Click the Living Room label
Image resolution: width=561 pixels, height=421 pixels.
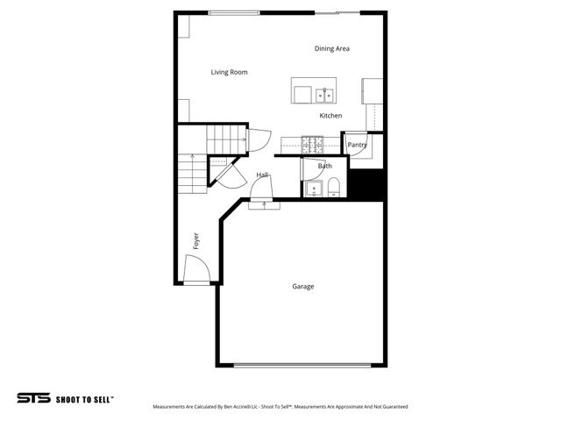pyautogui.click(x=229, y=72)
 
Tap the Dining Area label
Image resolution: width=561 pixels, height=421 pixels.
pyautogui.click(x=332, y=48)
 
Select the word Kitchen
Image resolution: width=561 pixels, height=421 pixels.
pyautogui.click(x=330, y=116)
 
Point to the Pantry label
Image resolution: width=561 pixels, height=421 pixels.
pyautogui.click(x=357, y=145)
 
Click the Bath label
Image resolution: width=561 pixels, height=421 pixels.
pyautogui.click(x=324, y=166)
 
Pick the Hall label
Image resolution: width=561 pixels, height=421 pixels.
pyautogui.click(x=262, y=175)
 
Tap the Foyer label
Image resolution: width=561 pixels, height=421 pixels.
pyautogui.click(x=195, y=241)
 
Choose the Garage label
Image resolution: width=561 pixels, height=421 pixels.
pyautogui.click(x=303, y=286)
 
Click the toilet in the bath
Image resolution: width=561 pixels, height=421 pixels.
pyautogui.click(x=333, y=186)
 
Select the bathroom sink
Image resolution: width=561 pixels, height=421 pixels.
pyautogui.click(x=312, y=188)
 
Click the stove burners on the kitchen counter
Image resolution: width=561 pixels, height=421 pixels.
pyautogui.click(x=313, y=141)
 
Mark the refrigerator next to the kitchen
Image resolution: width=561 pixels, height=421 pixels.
pyautogui.click(x=373, y=90)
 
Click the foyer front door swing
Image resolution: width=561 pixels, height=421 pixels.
pyautogui.click(x=196, y=268)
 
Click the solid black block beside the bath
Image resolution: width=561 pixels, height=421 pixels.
pyautogui.click(x=367, y=183)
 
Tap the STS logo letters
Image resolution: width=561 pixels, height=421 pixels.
pyautogui.click(x=32, y=397)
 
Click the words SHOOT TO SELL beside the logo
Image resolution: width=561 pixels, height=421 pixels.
pyautogui.click(x=84, y=398)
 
